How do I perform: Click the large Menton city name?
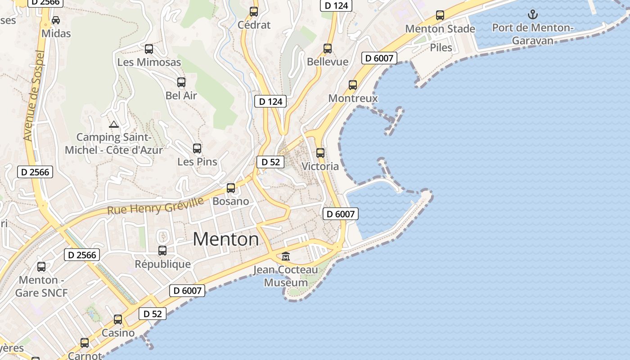[x=226, y=239]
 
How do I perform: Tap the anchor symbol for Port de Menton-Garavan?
[x=533, y=14]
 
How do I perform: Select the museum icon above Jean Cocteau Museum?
[x=286, y=256]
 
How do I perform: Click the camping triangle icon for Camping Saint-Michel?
[x=113, y=124]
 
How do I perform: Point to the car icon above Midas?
[x=56, y=20]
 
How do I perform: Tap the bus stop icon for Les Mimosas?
[x=148, y=49]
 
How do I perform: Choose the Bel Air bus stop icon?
[x=181, y=82]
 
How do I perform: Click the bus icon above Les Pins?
[x=197, y=148]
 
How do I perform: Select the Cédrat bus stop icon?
[x=254, y=12]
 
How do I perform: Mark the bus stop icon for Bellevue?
[x=328, y=49]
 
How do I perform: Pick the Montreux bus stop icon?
[x=353, y=85]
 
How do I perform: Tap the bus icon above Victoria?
[x=320, y=153]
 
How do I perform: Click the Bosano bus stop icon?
[x=231, y=188]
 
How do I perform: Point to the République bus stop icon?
[x=162, y=251]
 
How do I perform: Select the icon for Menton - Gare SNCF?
[x=41, y=267]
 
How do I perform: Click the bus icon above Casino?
[x=118, y=319]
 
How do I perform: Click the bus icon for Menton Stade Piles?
[x=440, y=15]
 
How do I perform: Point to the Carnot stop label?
[x=85, y=355]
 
